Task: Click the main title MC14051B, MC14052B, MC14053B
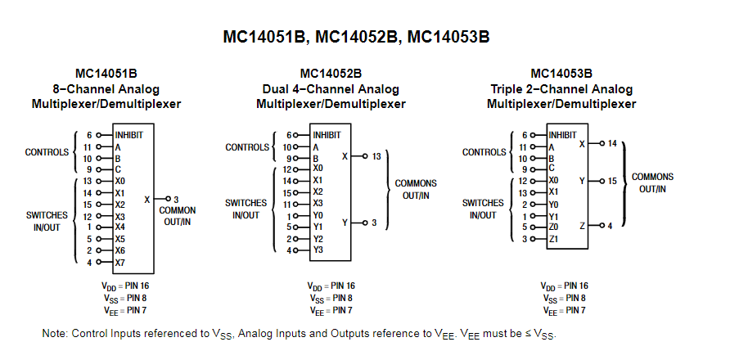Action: [x=356, y=37]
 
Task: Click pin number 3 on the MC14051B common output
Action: [x=176, y=200]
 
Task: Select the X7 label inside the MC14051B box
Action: [x=120, y=263]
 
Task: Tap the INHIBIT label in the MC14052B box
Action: [x=327, y=135]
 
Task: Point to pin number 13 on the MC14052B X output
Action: [x=376, y=156]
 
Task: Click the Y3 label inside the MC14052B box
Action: [x=318, y=250]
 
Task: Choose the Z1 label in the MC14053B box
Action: [x=553, y=239]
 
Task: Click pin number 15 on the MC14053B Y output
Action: [x=612, y=181]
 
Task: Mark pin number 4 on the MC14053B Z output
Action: [x=610, y=226]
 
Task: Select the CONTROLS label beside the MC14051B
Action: [x=47, y=152]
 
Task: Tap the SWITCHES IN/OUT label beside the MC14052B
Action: [x=246, y=209]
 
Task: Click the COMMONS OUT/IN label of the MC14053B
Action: [x=653, y=182]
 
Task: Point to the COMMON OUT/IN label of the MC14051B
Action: [x=178, y=216]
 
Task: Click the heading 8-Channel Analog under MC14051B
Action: [x=106, y=89]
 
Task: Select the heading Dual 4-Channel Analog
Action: [x=331, y=89]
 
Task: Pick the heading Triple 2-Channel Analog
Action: [x=561, y=89]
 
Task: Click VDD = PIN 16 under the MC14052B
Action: [x=331, y=286]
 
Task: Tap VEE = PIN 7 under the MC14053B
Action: [x=564, y=311]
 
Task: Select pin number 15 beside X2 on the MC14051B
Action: [x=88, y=205]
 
